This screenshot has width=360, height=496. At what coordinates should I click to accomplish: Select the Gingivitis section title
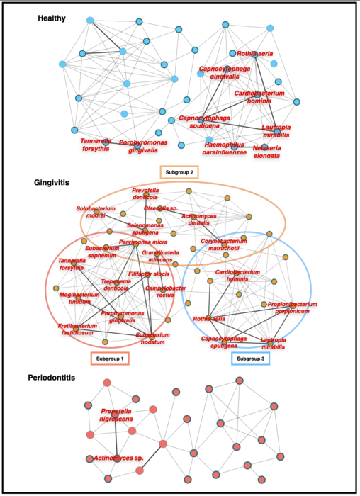point(52,182)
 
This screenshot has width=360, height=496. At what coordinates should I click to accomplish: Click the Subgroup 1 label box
point(111,359)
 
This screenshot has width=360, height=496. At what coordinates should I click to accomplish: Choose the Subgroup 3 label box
point(252,359)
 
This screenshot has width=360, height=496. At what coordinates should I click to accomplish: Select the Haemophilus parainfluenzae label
point(213,148)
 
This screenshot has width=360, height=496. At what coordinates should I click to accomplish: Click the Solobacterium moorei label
point(96,212)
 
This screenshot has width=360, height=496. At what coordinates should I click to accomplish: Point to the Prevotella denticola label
point(150,194)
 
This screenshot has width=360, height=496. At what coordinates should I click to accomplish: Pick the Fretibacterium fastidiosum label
point(76,329)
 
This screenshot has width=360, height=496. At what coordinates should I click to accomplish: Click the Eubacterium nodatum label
point(149,338)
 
